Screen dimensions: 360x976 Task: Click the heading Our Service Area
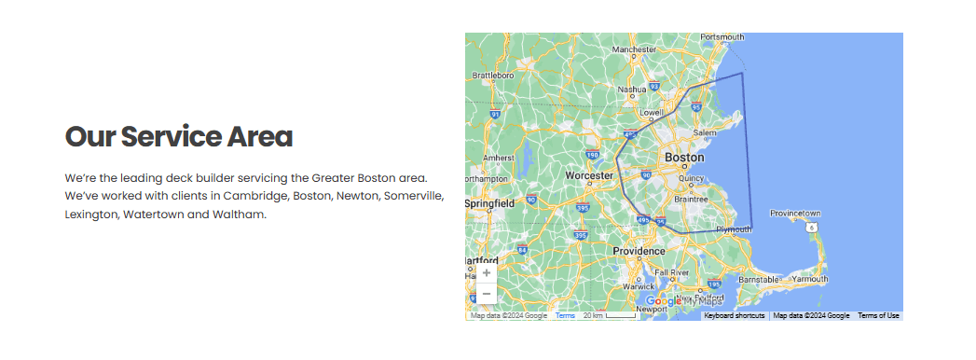click(x=178, y=137)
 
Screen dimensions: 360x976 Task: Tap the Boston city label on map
click(x=684, y=158)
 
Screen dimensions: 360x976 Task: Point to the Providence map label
click(x=639, y=251)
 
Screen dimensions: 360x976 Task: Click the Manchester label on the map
click(x=635, y=49)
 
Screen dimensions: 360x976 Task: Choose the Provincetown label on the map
click(x=794, y=213)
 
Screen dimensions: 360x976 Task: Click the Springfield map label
click(x=490, y=202)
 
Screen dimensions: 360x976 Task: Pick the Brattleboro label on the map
click(x=494, y=75)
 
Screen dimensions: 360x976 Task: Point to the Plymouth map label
click(x=733, y=228)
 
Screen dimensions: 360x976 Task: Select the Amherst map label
click(x=499, y=158)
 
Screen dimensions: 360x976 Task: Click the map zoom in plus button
click(x=487, y=273)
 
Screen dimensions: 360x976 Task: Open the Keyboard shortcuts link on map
click(x=735, y=316)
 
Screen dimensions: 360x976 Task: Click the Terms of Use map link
click(x=878, y=316)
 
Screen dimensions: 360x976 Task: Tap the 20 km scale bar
click(x=610, y=316)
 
